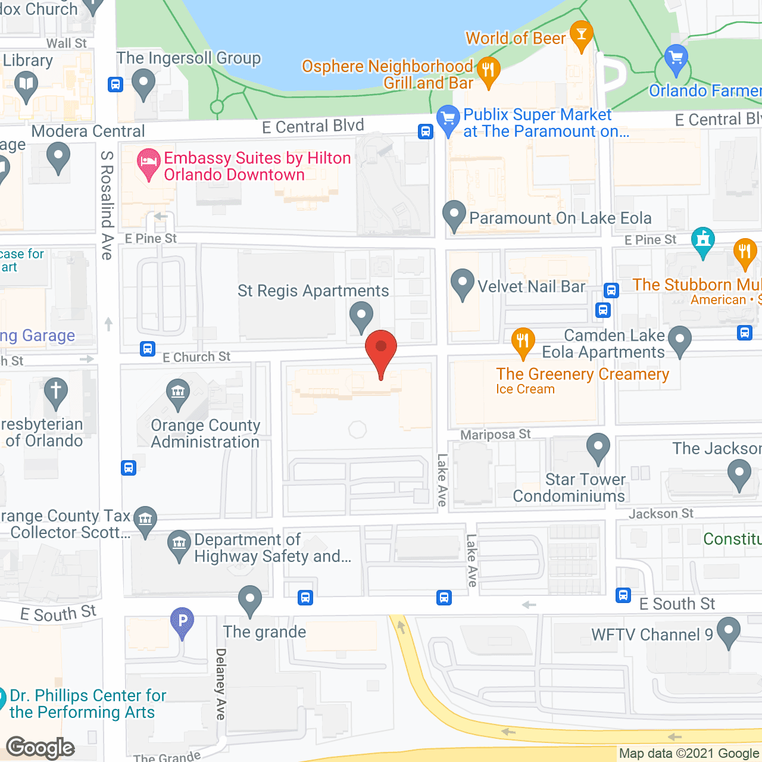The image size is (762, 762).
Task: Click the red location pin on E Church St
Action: click(381, 351)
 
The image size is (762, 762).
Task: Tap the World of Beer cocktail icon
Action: click(581, 35)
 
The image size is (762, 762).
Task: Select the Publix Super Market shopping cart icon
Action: click(448, 118)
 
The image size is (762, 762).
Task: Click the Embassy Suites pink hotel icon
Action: click(148, 162)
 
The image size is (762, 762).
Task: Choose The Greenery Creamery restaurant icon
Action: click(523, 341)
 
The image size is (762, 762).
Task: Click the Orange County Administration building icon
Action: click(178, 393)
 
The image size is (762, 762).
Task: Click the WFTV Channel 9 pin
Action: click(729, 631)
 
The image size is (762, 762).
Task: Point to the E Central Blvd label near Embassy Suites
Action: click(313, 126)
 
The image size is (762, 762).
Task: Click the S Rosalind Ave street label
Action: click(107, 205)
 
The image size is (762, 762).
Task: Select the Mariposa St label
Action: click(495, 435)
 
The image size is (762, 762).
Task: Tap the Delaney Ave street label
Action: click(221, 684)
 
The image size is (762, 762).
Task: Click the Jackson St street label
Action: click(661, 513)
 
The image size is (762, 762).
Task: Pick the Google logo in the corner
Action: click(40, 748)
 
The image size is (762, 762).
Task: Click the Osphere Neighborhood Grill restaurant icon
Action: click(488, 71)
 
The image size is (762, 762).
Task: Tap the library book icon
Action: click(26, 85)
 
